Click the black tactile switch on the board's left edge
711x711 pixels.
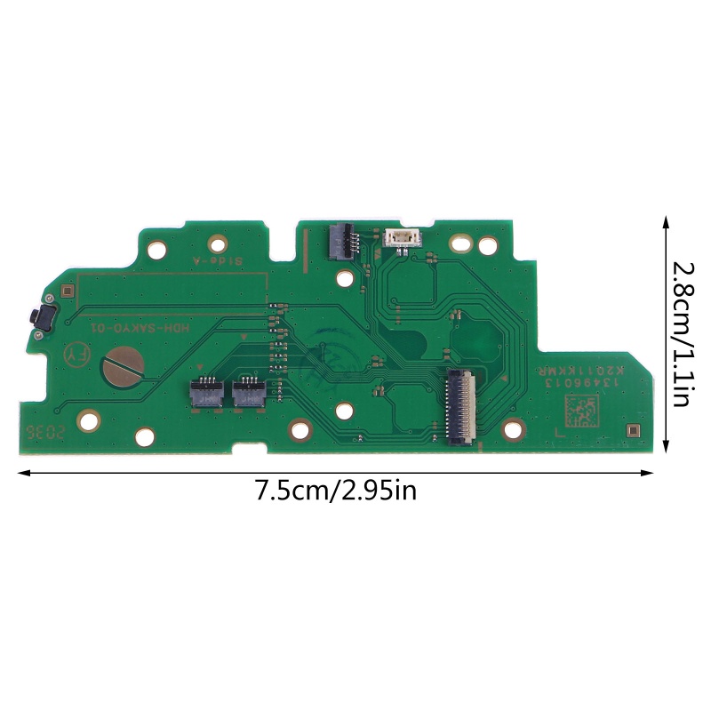[x=40, y=317]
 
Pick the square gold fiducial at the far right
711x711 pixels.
[x=632, y=431]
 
